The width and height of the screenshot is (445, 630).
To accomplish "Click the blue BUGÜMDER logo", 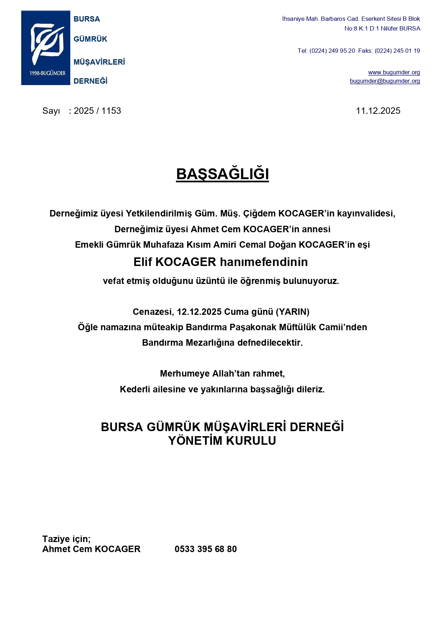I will (x=46, y=48).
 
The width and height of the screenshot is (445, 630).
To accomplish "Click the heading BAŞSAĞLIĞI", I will (x=222, y=174).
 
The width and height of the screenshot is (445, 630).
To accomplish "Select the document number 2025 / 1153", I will (x=97, y=111).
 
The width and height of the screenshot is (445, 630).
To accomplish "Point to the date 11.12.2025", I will (x=378, y=111).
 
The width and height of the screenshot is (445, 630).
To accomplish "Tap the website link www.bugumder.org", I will (x=394, y=73).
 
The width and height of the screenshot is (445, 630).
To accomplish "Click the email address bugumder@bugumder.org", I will (x=385, y=81).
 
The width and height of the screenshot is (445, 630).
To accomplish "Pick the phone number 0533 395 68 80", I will (x=205, y=549).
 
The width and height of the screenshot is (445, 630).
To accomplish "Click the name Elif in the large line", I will (x=143, y=262).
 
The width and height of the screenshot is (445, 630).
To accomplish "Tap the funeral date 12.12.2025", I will (x=199, y=312).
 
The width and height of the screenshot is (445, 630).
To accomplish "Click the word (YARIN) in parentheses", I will (x=292, y=312).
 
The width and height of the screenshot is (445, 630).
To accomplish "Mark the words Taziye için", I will (x=66, y=539).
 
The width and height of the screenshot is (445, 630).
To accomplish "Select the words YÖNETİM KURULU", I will (x=222, y=441).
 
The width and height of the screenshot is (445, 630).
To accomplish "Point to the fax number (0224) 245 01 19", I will (x=397, y=51).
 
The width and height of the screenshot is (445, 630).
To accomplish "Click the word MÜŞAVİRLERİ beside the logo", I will (x=99, y=62).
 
